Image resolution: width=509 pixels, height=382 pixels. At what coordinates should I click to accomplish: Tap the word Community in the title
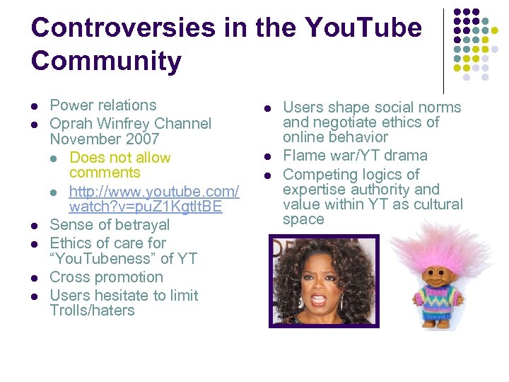106,62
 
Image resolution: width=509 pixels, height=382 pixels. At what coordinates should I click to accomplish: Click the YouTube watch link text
153,199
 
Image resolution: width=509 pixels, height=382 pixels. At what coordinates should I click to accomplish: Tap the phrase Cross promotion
106,277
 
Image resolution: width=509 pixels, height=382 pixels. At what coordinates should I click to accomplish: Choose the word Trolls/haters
92,311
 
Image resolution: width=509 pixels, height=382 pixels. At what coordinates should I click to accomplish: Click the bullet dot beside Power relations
34,106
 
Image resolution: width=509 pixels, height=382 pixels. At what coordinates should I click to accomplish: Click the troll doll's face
428,273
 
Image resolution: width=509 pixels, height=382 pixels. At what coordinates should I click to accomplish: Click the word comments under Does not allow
105,173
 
